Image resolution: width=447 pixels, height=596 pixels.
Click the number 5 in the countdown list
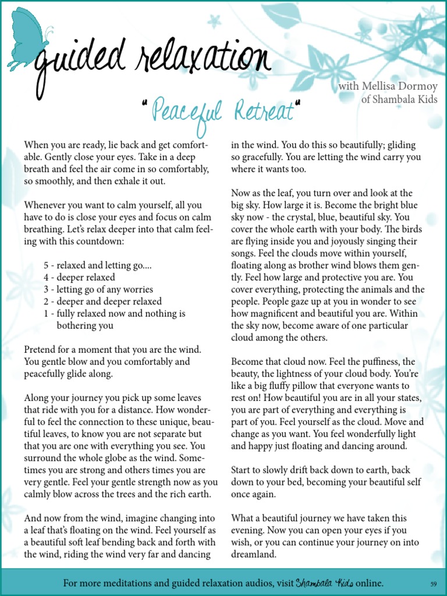(46, 265)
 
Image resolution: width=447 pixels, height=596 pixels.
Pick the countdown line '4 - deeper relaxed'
(79, 277)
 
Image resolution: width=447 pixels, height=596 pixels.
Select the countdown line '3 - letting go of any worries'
(98, 289)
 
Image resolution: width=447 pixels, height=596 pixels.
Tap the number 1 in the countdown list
(46, 314)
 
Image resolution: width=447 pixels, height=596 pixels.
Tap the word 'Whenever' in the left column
(44, 205)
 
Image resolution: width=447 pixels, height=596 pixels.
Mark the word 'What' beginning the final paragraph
(243, 518)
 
